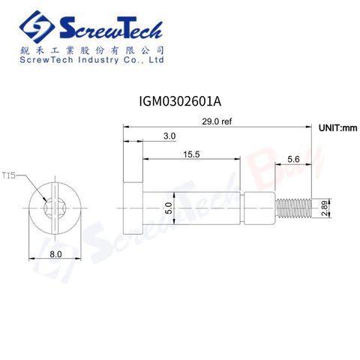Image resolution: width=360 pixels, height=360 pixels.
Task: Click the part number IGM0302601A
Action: [x=180, y=101]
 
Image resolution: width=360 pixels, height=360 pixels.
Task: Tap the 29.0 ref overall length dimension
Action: [x=217, y=121]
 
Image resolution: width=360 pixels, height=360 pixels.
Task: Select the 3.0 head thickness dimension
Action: [x=169, y=136]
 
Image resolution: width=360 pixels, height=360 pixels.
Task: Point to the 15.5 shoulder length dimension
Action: [x=191, y=154]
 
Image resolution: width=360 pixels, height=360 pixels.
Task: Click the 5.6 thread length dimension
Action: [x=293, y=159]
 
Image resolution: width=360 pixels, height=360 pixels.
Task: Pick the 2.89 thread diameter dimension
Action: [x=324, y=208]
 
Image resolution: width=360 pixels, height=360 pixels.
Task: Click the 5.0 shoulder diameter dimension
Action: [x=169, y=208]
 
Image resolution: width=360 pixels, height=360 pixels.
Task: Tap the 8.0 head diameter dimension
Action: [x=55, y=254]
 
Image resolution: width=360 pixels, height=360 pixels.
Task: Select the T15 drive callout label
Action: [x=9, y=175]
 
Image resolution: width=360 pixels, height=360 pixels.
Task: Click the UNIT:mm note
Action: [x=338, y=128]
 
